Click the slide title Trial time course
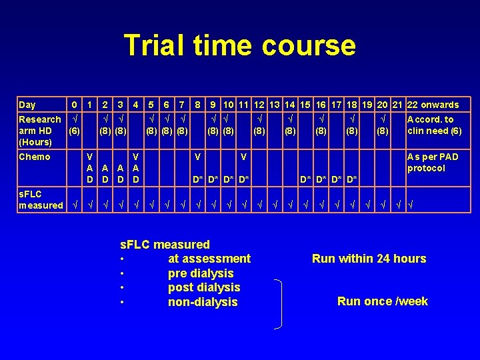(x=240, y=46)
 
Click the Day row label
(x=28, y=105)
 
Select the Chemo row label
(x=35, y=157)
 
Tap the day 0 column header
(x=75, y=105)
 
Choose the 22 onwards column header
(x=433, y=105)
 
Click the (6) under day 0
(x=75, y=131)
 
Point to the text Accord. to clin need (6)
(x=434, y=125)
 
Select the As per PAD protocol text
(x=433, y=162)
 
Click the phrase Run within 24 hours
(x=369, y=259)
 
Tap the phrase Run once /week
(x=383, y=301)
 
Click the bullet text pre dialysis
(x=201, y=273)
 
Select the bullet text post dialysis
(x=204, y=287)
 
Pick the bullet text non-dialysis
(x=203, y=302)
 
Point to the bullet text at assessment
(x=209, y=259)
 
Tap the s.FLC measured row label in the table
(x=40, y=199)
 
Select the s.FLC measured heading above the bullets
(x=164, y=245)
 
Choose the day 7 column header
(x=182, y=105)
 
